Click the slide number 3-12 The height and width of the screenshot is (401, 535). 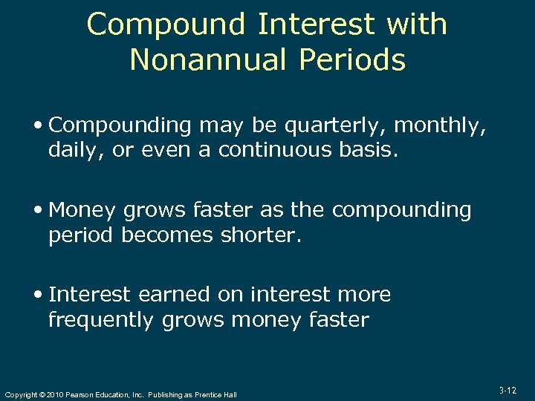[508, 391]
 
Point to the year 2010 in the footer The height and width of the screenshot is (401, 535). [53, 395]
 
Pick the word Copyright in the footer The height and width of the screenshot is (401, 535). [20, 395]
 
